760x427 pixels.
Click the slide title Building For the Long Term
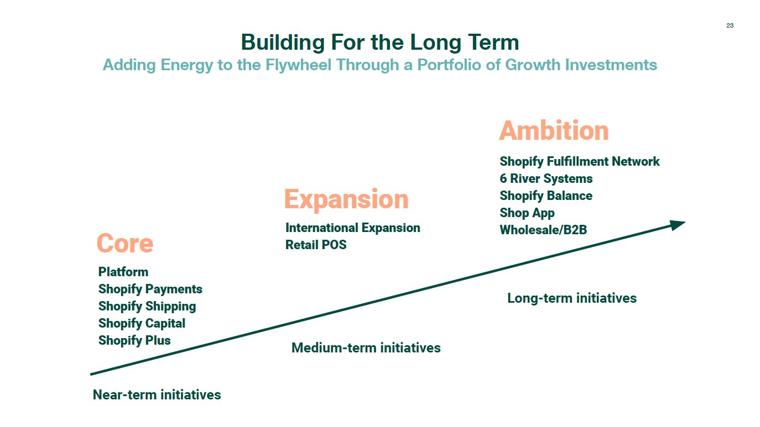click(380, 43)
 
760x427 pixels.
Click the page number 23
click(730, 25)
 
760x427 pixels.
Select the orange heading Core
click(124, 244)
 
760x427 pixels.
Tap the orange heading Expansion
click(346, 199)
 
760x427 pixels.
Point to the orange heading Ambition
click(554, 131)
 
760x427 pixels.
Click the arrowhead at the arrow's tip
click(677, 224)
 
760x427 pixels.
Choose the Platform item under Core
click(123, 272)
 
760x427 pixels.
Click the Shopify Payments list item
click(150, 289)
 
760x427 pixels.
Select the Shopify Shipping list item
click(147, 306)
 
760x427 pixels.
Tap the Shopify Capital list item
click(142, 323)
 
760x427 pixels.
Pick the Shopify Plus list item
click(134, 340)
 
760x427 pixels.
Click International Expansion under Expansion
click(352, 228)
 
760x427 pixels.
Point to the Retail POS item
click(316, 245)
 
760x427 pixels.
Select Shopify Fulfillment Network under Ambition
click(580, 161)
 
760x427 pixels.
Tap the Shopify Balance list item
click(546, 196)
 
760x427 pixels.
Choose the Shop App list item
click(527, 213)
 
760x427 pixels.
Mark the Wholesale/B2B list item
click(543, 230)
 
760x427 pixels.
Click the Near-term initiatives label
click(157, 394)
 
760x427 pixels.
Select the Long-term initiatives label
click(572, 298)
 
